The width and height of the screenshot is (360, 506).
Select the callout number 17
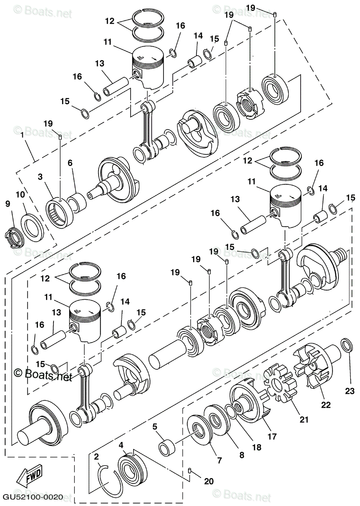click(x=272, y=436)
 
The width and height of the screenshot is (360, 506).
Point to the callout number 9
click(x=8, y=204)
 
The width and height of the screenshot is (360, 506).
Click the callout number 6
click(x=70, y=163)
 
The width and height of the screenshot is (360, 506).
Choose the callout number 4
click(x=121, y=445)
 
